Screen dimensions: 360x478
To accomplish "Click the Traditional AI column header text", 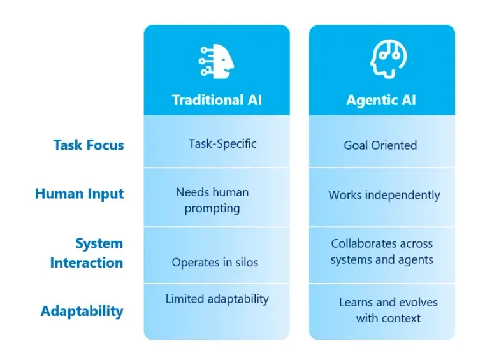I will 217,100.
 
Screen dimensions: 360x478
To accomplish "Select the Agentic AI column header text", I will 381,100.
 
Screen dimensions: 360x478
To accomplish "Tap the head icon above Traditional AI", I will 216,61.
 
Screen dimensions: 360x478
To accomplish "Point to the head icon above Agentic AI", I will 381,61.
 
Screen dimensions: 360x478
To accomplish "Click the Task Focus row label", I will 89,145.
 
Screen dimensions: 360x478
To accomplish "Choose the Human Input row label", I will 80,194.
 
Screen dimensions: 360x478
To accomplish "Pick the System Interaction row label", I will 87,253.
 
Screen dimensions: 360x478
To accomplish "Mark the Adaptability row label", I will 82,311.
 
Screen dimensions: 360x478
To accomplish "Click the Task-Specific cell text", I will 222,143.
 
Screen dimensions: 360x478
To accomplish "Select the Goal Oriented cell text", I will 380,145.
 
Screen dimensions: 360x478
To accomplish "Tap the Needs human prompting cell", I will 212,200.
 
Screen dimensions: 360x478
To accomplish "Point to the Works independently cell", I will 384,195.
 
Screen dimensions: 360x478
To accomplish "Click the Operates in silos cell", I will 215,262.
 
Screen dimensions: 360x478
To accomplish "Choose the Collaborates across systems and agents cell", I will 382,252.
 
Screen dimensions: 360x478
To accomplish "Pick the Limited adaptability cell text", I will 217,299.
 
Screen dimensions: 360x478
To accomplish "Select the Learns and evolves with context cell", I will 388,310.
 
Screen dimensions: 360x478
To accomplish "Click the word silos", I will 245,262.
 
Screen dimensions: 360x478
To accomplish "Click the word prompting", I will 212,208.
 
